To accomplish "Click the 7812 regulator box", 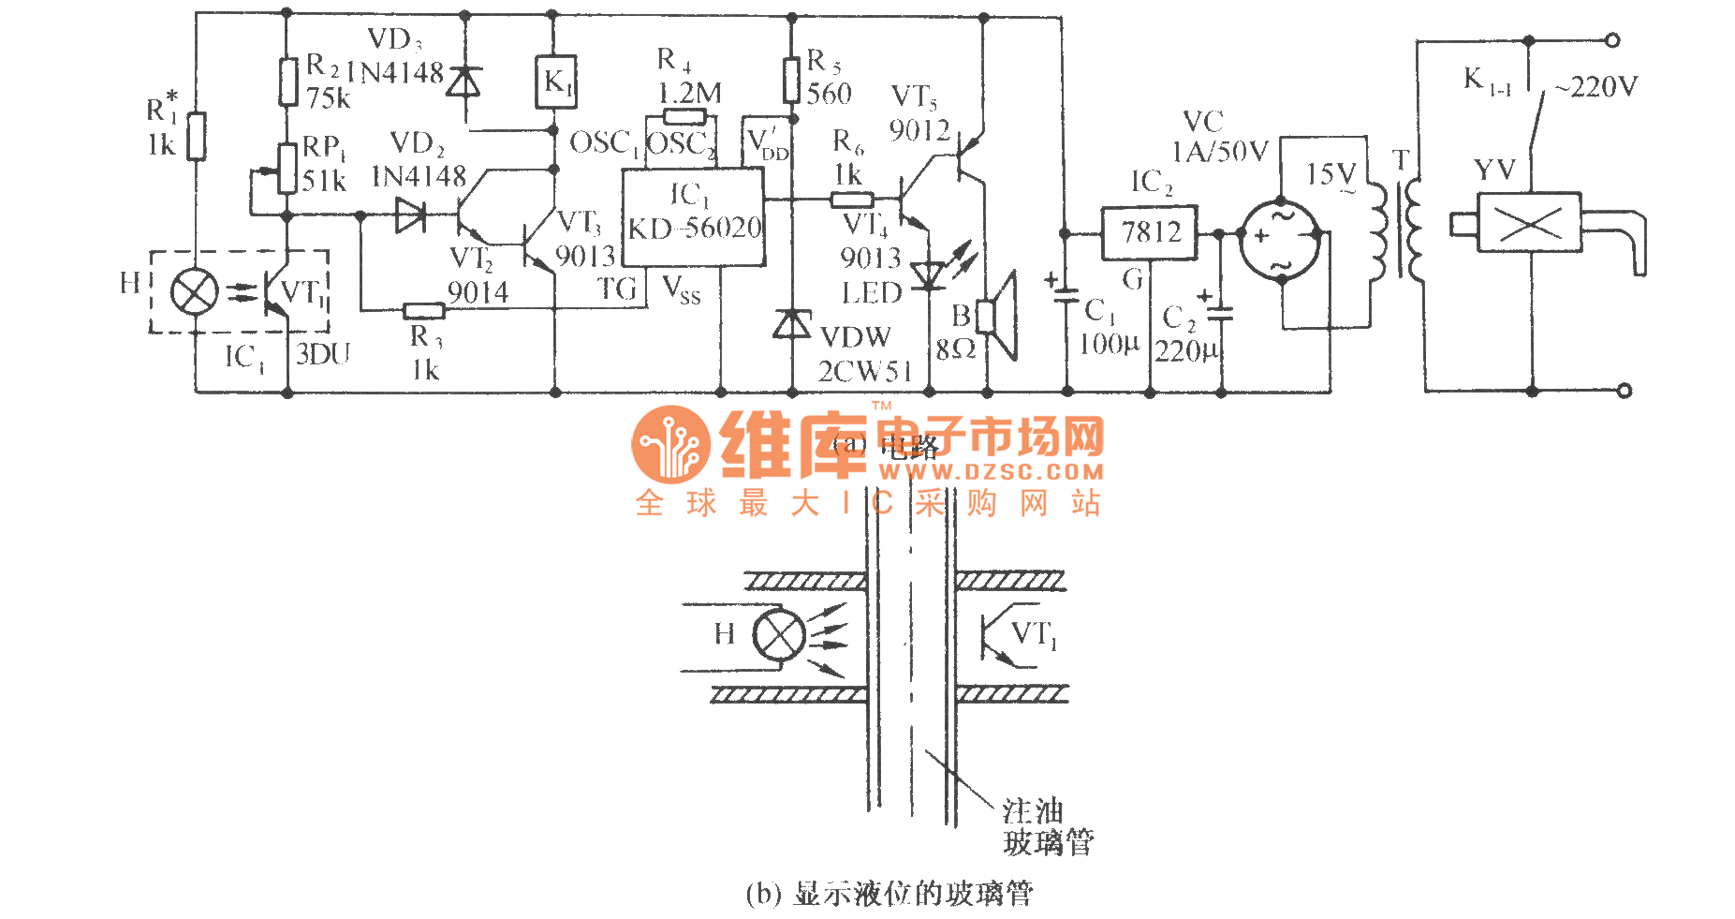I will (1149, 232).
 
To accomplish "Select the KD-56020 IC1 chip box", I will (694, 216).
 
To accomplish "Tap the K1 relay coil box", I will (555, 82).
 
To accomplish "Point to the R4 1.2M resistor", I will (684, 117).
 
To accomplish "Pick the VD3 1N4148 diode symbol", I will (463, 82).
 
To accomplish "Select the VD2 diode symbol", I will (410, 215).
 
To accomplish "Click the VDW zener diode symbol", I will (792, 324).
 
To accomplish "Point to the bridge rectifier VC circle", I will (1281, 238).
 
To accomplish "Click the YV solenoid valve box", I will (1528, 222).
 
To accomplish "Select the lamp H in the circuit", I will (194, 292).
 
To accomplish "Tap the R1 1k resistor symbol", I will (196, 137).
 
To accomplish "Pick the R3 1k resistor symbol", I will (423, 310).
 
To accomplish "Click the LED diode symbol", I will (928, 275).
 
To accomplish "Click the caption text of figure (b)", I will (890, 894).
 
